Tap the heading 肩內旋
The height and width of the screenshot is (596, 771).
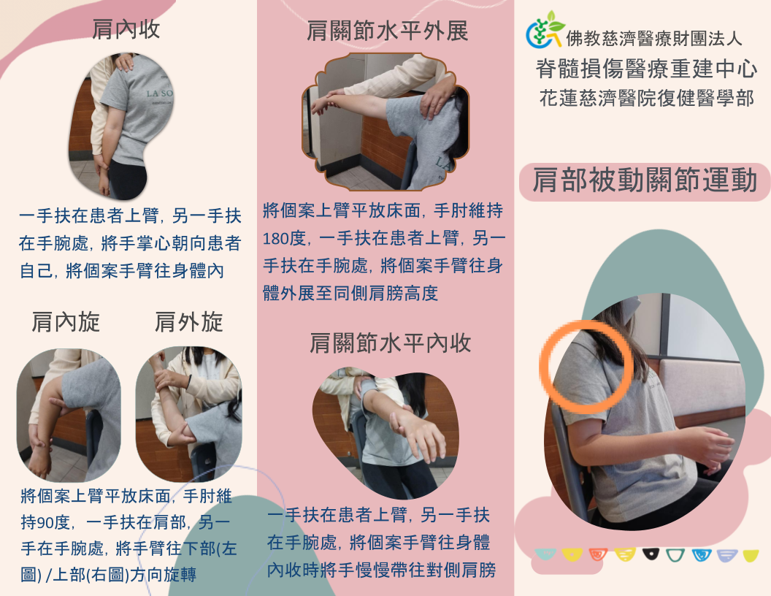click(66, 322)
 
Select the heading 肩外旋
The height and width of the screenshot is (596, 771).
click(188, 322)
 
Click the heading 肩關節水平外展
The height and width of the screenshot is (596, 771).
click(387, 31)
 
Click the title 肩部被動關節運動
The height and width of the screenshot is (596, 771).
click(645, 180)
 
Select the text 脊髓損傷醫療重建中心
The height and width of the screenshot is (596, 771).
click(645, 69)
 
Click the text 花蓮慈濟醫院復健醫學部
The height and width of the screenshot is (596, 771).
click(645, 98)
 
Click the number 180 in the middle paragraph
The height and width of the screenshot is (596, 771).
click(276, 238)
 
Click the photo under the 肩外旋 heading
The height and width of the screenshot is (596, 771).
click(188, 414)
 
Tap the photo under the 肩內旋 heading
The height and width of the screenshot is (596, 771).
click(69, 414)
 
